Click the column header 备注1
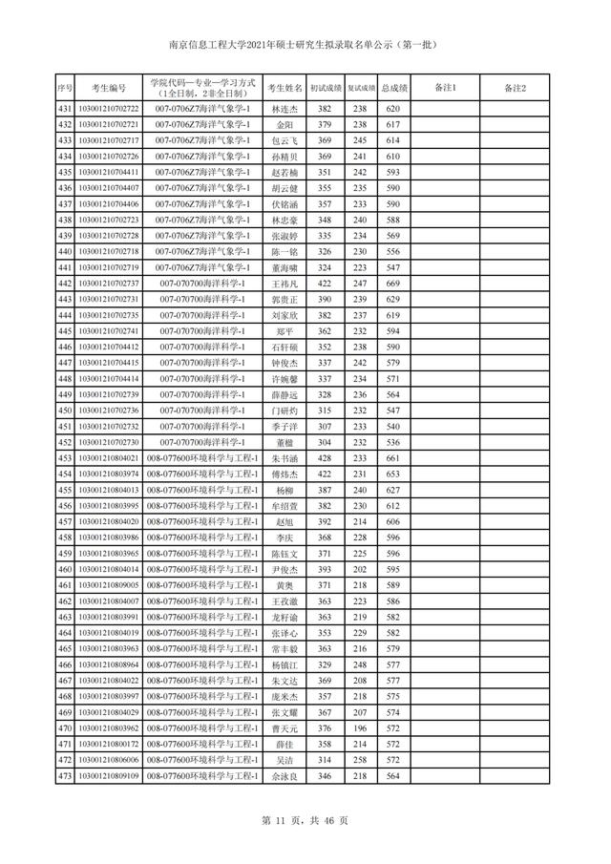[x=445, y=88]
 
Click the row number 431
[x=65, y=109]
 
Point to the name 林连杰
[x=284, y=109]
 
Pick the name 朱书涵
[x=284, y=458]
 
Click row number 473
[x=65, y=776]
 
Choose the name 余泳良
[x=284, y=776]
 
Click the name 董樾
[x=284, y=442]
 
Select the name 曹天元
[x=284, y=728]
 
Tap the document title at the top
[x=305, y=45]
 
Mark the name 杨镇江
[x=284, y=664]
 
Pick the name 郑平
[x=284, y=331]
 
